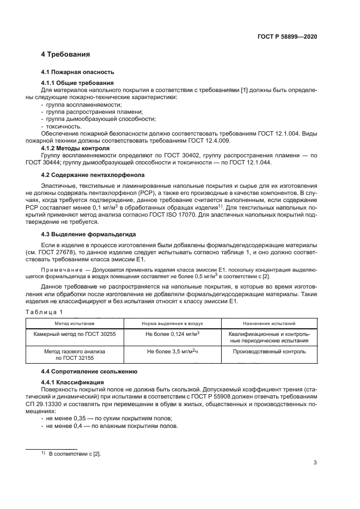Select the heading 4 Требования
pyautogui.click(x=65, y=54)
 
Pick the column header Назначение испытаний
pyautogui.click(x=269, y=323)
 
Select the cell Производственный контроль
pyautogui.click(x=269, y=352)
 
